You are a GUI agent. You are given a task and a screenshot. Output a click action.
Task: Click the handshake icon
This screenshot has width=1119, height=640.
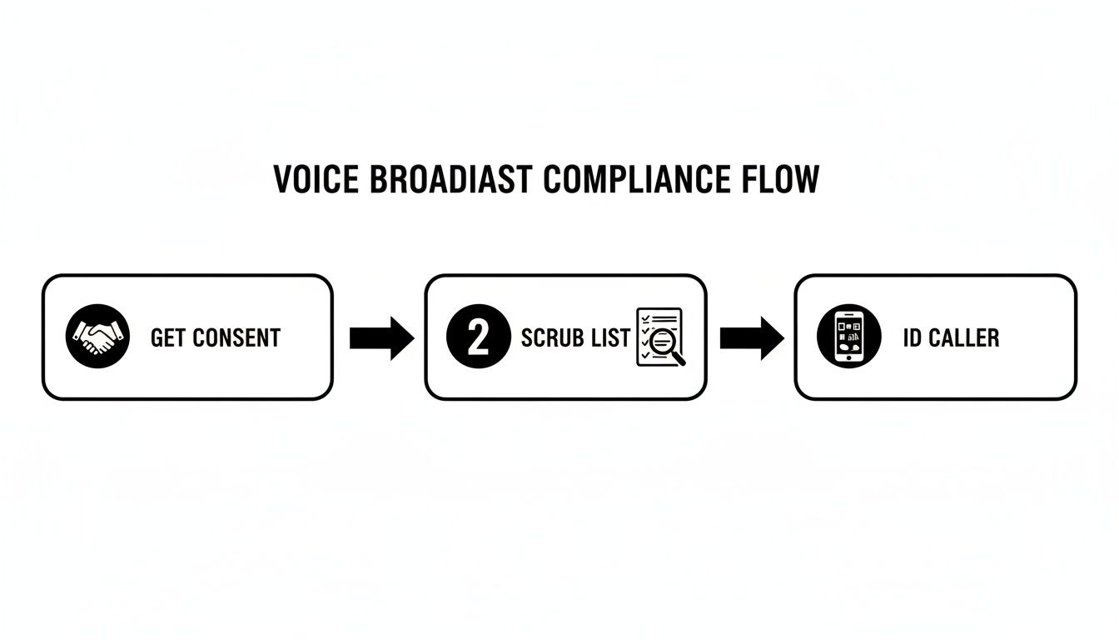(x=97, y=337)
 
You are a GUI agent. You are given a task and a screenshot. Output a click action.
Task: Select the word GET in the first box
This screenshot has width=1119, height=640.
(x=168, y=337)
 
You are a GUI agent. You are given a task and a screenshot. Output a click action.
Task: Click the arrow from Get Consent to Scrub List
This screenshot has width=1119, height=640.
(x=381, y=337)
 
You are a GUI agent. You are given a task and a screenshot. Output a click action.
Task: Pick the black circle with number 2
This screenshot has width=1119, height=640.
(x=478, y=337)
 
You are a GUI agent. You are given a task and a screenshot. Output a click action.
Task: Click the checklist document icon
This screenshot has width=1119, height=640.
(x=658, y=335)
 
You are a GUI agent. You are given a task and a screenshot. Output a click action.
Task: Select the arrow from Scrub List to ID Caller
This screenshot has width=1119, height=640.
(x=751, y=337)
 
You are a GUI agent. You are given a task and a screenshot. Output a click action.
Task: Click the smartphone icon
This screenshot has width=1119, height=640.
(x=847, y=337)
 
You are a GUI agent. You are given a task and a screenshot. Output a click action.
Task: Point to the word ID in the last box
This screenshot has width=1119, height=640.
(x=913, y=337)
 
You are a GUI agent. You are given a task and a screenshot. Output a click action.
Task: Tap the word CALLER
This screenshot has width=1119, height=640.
(x=964, y=337)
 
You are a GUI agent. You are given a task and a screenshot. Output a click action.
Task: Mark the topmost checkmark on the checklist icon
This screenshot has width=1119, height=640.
(x=644, y=318)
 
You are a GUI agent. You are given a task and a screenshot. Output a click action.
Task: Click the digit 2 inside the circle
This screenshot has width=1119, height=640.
(x=478, y=337)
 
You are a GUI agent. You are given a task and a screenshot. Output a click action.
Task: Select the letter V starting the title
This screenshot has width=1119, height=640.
(x=283, y=180)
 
